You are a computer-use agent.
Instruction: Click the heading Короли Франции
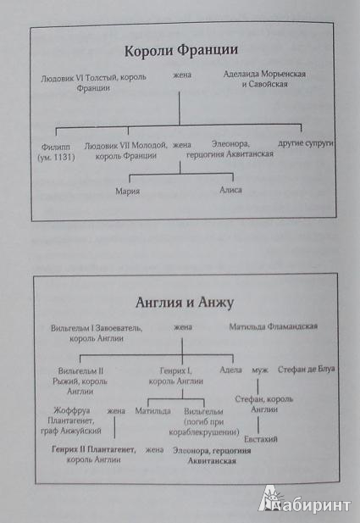(x=181, y=51)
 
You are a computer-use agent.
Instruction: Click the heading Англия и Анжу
(x=185, y=303)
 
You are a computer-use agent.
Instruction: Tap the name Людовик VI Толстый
(x=80, y=78)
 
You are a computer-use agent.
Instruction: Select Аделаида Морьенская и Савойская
(x=264, y=79)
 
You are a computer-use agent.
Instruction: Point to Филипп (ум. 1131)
(x=56, y=152)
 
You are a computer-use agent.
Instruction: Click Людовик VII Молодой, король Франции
(x=125, y=151)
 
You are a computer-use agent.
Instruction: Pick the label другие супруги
(x=306, y=143)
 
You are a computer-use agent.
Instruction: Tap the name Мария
(x=127, y=192)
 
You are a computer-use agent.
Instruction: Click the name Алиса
(x=230, y=190)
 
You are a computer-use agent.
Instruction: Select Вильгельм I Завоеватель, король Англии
(x=97, y=333)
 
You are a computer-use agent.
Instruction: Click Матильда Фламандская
(x=273, y=326)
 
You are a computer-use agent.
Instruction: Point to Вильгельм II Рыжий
(x=80, y=376)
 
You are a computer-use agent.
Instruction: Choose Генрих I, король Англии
(x=175, y=376)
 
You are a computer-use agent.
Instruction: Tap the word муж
(x=260, y=370)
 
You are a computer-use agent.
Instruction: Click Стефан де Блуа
(x=306, y=370)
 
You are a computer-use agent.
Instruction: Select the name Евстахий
(x=261, y=439)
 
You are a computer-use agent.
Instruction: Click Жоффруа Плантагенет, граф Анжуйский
(x=71, y=420)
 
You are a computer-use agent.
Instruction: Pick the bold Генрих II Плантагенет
(x=94, y=449)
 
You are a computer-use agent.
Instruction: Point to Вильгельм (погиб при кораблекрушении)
(x=203, y=422)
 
